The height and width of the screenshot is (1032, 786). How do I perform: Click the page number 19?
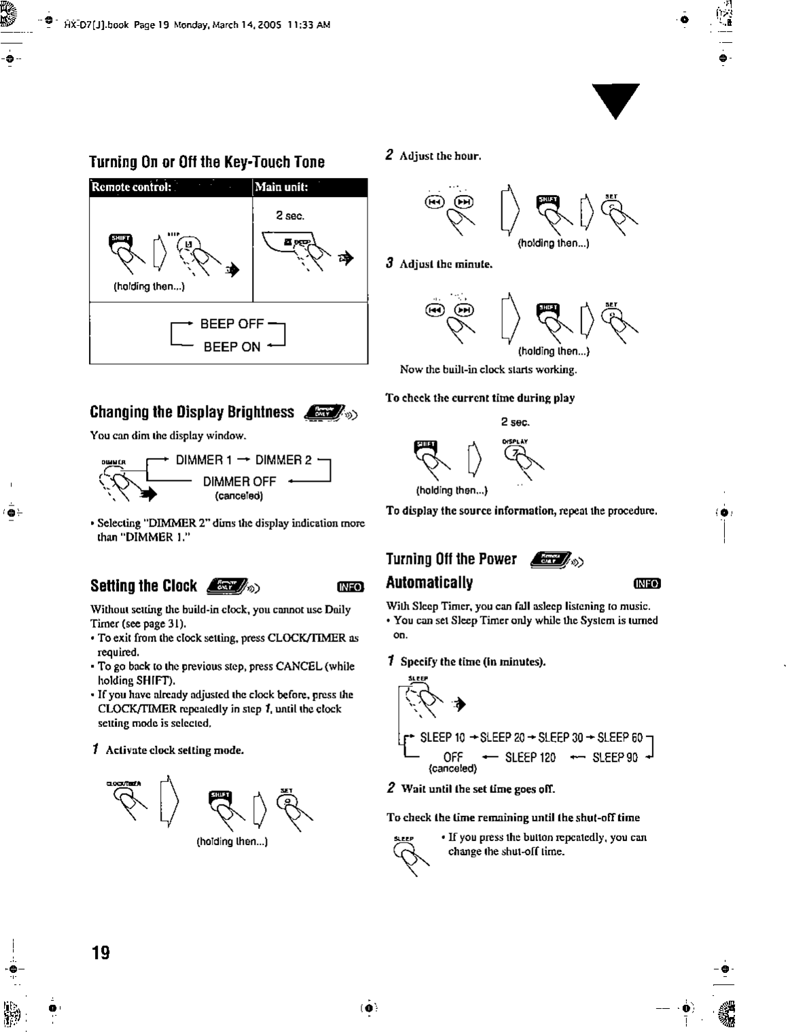(101, 952)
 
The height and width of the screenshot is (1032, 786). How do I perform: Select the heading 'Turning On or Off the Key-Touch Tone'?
(207, 162)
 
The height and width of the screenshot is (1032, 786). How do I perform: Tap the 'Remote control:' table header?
(132, 188)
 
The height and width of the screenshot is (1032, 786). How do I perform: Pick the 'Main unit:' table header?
(281, 188)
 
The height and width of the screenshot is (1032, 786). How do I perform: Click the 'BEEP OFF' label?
(231, 323)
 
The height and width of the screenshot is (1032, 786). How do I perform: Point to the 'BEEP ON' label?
(232, 346)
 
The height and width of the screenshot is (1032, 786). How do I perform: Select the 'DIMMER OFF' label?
(239, 481)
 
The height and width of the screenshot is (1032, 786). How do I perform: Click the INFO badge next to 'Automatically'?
(647, 583)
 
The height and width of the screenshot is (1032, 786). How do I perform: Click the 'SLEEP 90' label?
(615, 757)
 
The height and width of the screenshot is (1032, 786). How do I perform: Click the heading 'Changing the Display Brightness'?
(192, 412)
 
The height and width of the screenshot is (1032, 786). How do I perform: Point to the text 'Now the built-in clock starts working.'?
(488, 370)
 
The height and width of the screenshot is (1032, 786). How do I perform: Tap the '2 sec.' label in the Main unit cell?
(290, 216)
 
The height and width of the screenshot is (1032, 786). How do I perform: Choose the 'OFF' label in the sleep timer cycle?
(452, 757)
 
